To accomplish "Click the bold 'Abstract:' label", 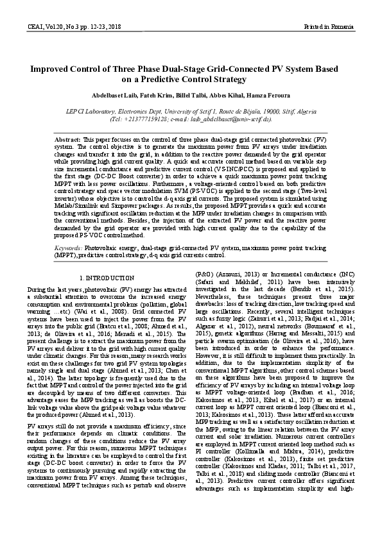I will click(68, 139).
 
